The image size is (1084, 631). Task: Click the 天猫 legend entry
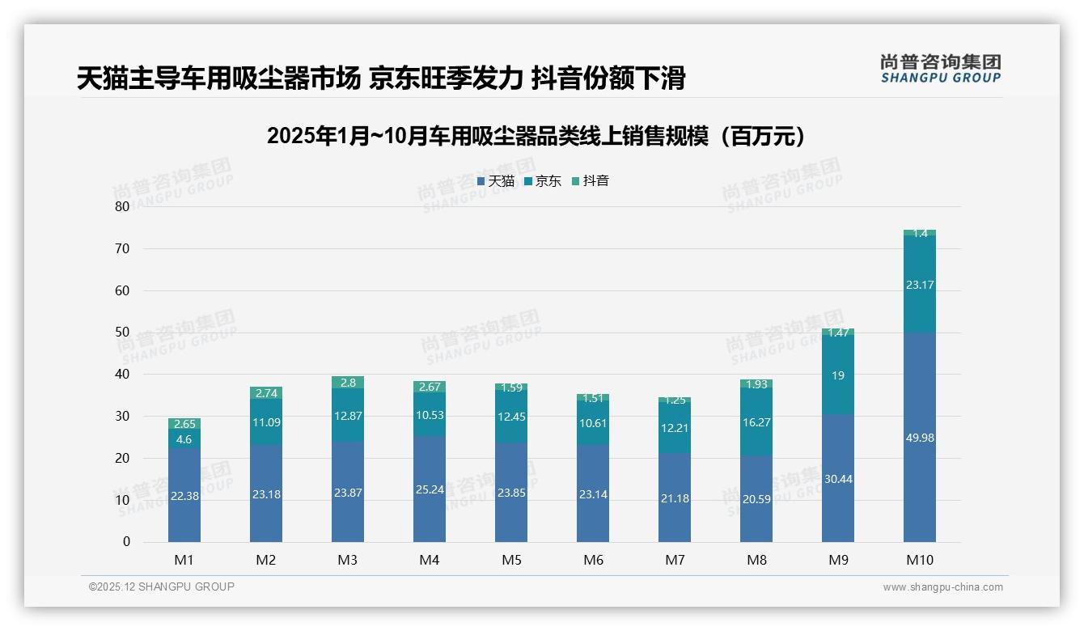(496, 181)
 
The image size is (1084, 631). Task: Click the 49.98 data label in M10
(919, 438)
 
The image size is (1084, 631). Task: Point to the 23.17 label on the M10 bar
(919, 285)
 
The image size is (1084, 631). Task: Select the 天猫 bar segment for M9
(837, 479)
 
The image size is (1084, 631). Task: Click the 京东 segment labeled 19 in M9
(837, 375)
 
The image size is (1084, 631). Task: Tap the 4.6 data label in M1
(184, 439)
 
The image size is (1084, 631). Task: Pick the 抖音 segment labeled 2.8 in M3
(348, 383)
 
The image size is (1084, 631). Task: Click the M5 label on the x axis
(511, 560)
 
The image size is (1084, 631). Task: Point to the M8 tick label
(756, 560)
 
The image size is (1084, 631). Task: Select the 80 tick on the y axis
(122, 206)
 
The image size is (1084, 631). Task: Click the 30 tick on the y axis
(122, 416)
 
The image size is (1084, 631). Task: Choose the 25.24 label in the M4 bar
(430, 489)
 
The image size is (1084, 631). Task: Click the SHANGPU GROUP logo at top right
(940, 69)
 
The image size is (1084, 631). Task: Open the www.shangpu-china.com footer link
(942, 587)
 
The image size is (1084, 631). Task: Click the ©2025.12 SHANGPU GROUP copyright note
(162, 587)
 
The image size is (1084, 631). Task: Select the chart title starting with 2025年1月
(537, 136)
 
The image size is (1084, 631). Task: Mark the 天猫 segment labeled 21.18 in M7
(675, 498)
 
